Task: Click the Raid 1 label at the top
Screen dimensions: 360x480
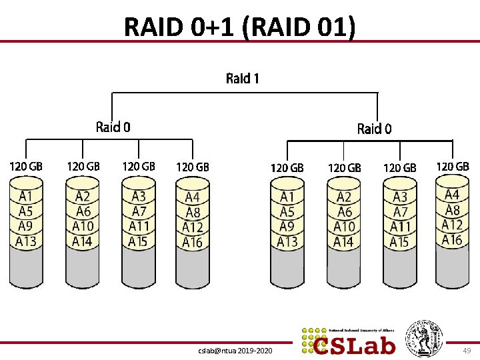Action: coord(243,79)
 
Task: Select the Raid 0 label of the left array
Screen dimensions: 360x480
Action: coord(113,127)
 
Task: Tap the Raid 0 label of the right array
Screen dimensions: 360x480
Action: coord(374,129)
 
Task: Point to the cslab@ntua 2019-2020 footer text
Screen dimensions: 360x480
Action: coord(236,349)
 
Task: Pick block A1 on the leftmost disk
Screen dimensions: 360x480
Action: coord(26,197)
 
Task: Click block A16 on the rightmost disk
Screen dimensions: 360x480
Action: coord(452,239)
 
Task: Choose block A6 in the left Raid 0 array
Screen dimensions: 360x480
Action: coord(83,211)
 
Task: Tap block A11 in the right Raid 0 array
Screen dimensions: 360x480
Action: coord(400,227)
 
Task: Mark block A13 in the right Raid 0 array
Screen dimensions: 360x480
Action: coord(287,241)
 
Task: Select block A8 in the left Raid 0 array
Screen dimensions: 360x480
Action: coord(192,212)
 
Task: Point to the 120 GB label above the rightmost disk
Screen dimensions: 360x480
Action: coord(453,166)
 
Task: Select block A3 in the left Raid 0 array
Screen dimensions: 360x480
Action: coord(139,197)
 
